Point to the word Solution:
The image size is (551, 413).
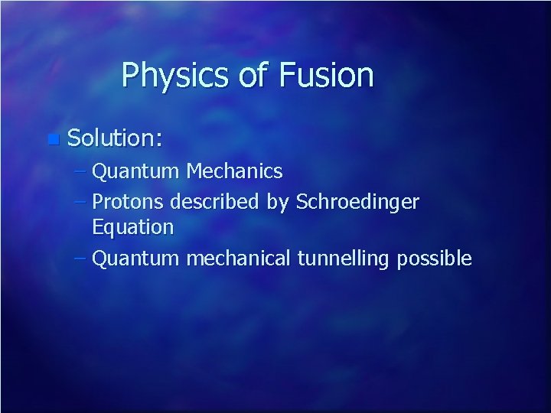pos(115,138)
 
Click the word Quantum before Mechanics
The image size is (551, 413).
pos(135,171)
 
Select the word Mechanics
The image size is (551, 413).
pos(234,171)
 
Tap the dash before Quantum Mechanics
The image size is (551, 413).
pos(81,171)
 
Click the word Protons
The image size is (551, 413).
pos(128,203)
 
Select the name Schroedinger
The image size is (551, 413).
pos(357,203)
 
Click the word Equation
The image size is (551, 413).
pos(132,227)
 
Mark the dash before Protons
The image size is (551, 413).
pos(81,203)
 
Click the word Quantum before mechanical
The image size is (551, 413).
pos(135,259)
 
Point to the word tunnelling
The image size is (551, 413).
pos(343,259)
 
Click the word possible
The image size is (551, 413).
pos(434,259)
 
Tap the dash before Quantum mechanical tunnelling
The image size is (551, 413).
pos(81,259)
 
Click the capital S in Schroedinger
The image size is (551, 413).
pos(302,203)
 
